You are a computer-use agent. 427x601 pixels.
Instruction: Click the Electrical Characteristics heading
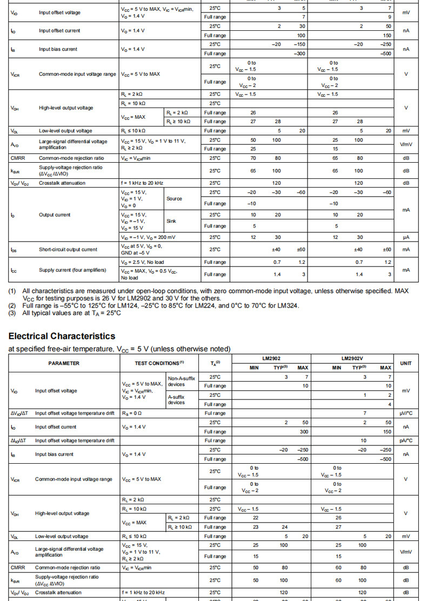[x=62, y=336]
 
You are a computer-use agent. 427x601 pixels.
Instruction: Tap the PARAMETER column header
[x=64, y=363]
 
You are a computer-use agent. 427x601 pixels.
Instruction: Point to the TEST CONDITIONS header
[x=159, y=363]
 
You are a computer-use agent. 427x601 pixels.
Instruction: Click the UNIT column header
[x=405, y=363]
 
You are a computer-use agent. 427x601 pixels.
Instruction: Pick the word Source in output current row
[x=174, y=198]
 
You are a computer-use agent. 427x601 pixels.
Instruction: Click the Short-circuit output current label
[x=68, y=249]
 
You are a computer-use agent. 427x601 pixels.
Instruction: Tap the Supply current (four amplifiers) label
[x=72, y=270]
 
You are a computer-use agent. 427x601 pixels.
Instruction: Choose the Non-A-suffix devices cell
[x=181, y=381]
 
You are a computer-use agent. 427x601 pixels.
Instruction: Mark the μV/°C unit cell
[x=405, y=413]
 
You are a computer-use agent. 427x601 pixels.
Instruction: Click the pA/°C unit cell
[x=405, y=440]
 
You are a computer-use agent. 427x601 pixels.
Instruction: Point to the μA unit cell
[x=405, y=237]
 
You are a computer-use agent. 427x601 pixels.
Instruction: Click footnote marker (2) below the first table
[x=12, y=305]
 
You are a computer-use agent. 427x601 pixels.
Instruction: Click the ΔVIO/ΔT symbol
[x=21, y=413]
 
